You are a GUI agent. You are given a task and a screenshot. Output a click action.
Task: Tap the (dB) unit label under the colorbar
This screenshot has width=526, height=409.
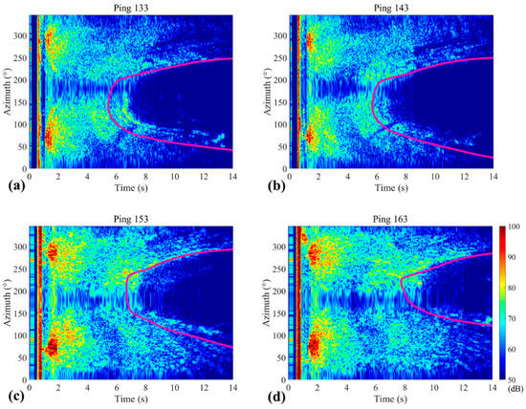pyautogui.click(x=515, y=392)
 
